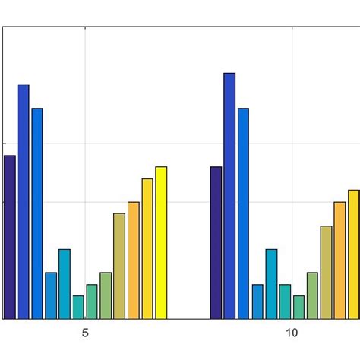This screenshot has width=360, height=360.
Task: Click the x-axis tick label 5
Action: coord(85,333)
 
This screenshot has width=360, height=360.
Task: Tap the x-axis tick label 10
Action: coord(292,333)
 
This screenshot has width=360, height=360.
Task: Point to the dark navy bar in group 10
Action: coord(216,242)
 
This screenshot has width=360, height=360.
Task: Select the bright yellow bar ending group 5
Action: coord(161,242)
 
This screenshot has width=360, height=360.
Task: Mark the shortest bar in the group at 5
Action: coord(78,308)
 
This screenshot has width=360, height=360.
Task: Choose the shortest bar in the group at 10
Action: coord(298,308)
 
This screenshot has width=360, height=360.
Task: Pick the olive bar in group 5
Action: coord(119,266)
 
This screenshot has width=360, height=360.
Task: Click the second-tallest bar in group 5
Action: coord(37,213)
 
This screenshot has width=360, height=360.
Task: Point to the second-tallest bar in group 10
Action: coord(243,213)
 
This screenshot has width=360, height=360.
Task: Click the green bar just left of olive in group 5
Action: coord(106,295)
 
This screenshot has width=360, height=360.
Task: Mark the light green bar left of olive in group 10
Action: coord(312,295)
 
